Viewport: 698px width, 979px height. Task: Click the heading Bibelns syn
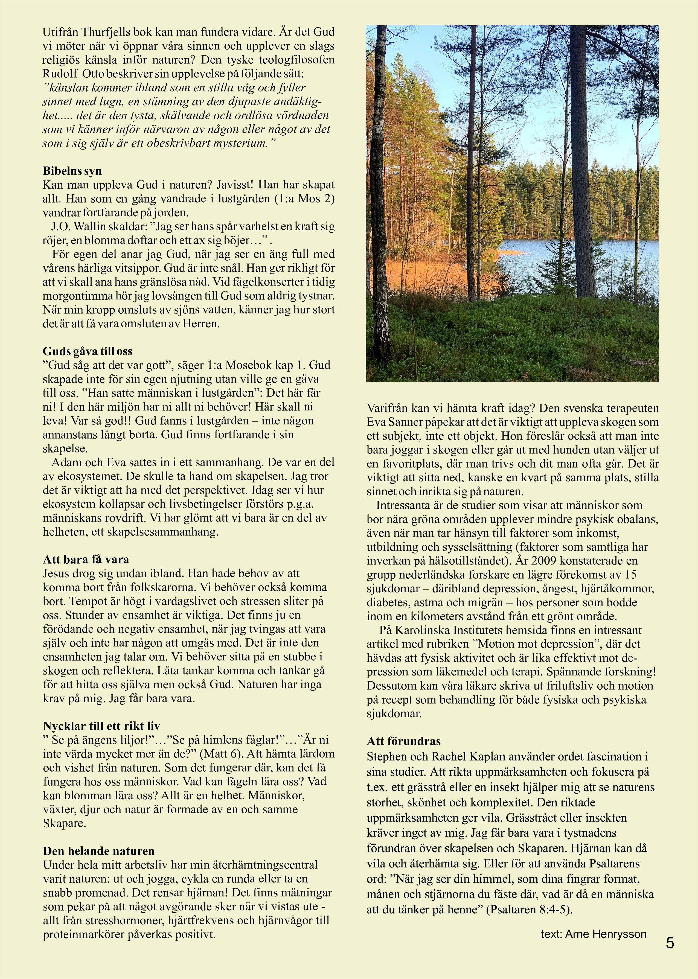point(72,171)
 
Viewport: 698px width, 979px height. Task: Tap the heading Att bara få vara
point(86,559)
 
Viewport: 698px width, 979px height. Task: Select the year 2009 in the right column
point(545,561)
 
